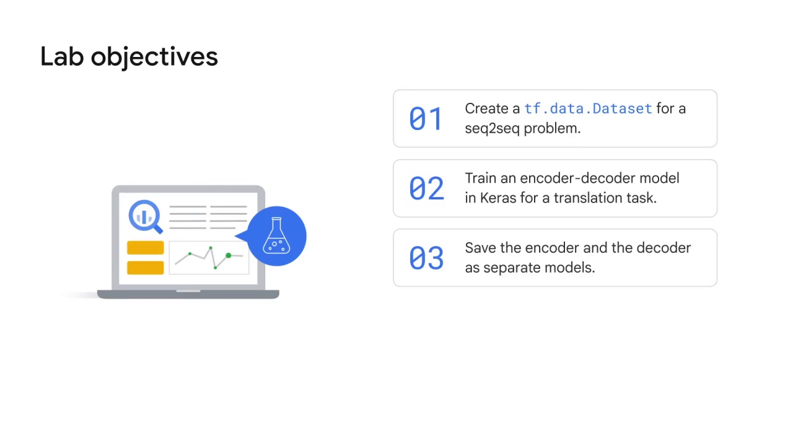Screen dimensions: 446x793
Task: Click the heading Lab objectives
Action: [129, 56]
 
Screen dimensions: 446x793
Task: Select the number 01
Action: [426, 119]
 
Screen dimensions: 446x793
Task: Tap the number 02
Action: [426, 188]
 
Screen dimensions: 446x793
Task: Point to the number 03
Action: [426, 258]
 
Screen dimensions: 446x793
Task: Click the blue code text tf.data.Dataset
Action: [588, 109]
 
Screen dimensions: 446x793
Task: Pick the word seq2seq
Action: [492, 128]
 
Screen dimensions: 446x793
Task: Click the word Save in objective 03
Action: [480, 248]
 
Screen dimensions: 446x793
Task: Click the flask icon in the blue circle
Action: [276, 236]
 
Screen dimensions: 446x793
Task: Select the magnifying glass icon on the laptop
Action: [145, 216]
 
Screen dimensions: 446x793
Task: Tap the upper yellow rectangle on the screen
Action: [145, 248]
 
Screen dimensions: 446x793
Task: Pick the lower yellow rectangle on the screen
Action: [145, 268]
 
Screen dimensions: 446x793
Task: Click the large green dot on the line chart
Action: [229, 255]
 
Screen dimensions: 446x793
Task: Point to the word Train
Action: [480, 178]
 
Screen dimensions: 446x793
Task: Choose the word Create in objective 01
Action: [484, 109]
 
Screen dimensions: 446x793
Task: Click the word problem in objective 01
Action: [551, 128]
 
